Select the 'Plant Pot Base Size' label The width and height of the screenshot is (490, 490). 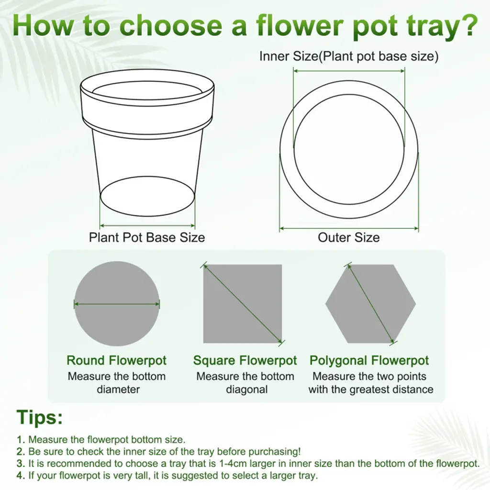coord(147,238)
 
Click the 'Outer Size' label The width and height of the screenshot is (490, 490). coord(349,237)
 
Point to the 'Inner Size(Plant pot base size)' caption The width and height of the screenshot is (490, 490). coord(349,56)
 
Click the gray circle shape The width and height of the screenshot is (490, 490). coord(117,304)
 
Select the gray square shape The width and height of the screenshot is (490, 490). coord(243,304)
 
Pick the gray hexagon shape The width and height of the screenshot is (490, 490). coord(371,304)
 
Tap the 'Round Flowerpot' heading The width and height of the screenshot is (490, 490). coord(117,360)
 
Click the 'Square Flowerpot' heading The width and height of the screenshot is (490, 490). coord(245,361)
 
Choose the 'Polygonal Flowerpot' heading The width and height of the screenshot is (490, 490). coord(369,361)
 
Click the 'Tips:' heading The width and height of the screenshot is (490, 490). coord(40,417)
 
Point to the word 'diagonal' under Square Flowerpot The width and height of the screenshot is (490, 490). coord(247,390)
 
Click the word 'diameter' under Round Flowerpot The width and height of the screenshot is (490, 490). coord(118,390)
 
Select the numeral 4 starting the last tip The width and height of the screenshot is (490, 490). coord(20,476)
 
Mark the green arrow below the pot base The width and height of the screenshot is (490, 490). coord(147,225)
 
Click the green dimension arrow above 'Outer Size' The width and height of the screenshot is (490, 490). coord(349,228)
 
